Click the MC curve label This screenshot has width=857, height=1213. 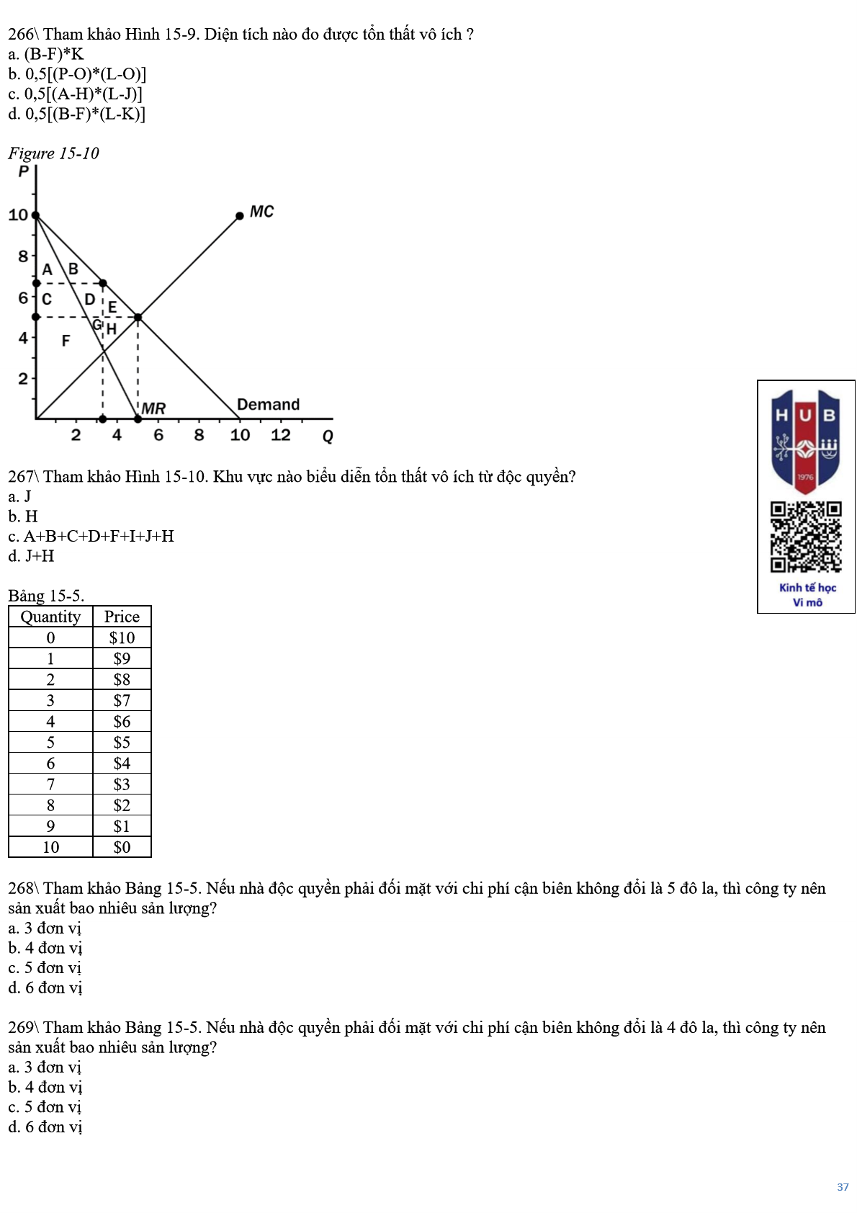coord(261,212)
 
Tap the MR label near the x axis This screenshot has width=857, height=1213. coord(153,408)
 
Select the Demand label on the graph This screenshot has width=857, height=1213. coord(268,404)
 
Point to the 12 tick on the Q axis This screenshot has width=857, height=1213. coord(280,435)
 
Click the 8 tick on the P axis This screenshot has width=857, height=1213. coord(23,256)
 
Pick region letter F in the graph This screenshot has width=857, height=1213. coord(66,341)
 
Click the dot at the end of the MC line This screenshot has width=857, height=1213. coord(240,215)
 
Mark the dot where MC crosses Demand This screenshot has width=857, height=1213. coord(138,317)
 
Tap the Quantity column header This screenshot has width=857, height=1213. coord(50,617)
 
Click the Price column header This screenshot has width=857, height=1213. coord(122,617)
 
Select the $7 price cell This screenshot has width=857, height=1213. coord(122,700)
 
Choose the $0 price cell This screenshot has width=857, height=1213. coord(122,847)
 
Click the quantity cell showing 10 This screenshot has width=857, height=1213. coord(50,847)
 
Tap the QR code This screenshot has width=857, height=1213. coord(806,537)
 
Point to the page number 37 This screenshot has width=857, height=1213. coord(843,1187)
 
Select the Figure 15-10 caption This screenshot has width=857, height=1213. coord(53,153)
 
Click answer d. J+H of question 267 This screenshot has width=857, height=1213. coord(31,556)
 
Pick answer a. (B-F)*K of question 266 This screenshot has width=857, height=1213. coord(46,54)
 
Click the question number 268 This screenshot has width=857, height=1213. coord(21,888)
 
